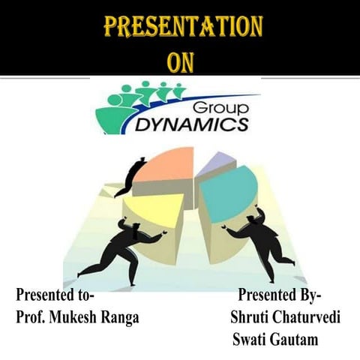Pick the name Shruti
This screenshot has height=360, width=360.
[251, 317]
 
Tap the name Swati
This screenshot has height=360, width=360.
[250, 340]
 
